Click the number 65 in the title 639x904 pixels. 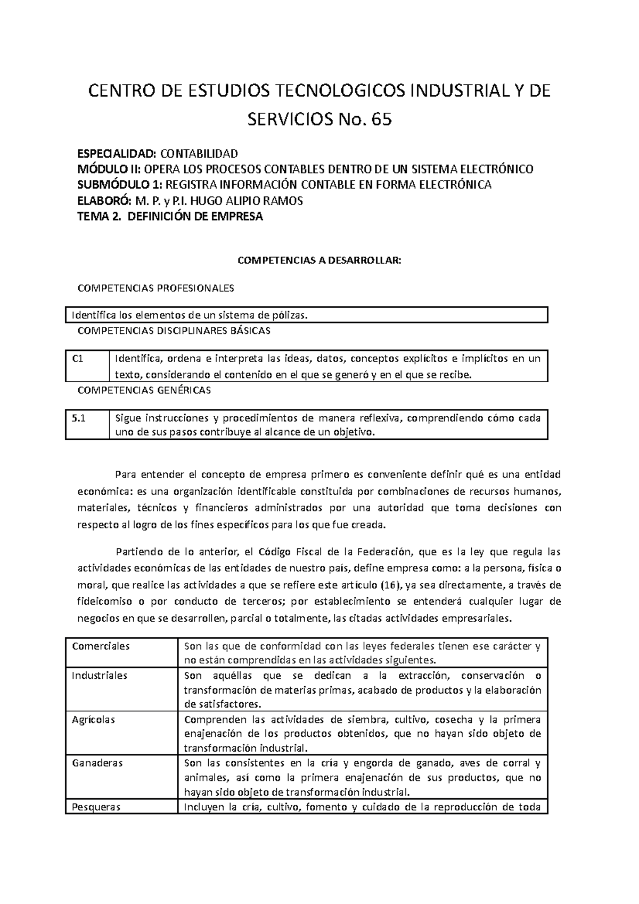(x=382, y=120)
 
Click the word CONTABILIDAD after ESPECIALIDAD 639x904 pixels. (x=199, y=154)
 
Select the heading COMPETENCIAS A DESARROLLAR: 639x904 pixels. (x=318, y=261)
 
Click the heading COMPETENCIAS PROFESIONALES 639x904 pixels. (x=155, y=289)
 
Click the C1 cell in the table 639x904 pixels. (x=78, y=358)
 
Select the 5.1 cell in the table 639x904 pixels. (x=79, y=418)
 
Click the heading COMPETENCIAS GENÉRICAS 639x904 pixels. (x=144, y=390)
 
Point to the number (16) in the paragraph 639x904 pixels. (x=390, y=585)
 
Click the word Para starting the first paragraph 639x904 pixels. (x=125, y=475)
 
